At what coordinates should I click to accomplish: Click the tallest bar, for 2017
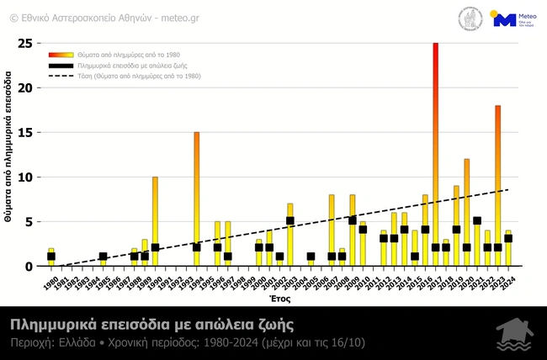pos(435,151)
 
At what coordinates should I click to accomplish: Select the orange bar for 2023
pos(497,185)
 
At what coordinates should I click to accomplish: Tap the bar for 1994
pos(197,199)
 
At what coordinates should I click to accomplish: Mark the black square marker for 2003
pos(289,221)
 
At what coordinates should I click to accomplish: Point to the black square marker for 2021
pos(477,221)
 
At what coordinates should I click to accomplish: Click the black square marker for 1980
pos(51,257)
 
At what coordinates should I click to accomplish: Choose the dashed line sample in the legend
pos(61,76)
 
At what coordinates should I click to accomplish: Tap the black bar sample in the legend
pos(61,65)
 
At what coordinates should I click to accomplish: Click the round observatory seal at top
pos(470,19)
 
